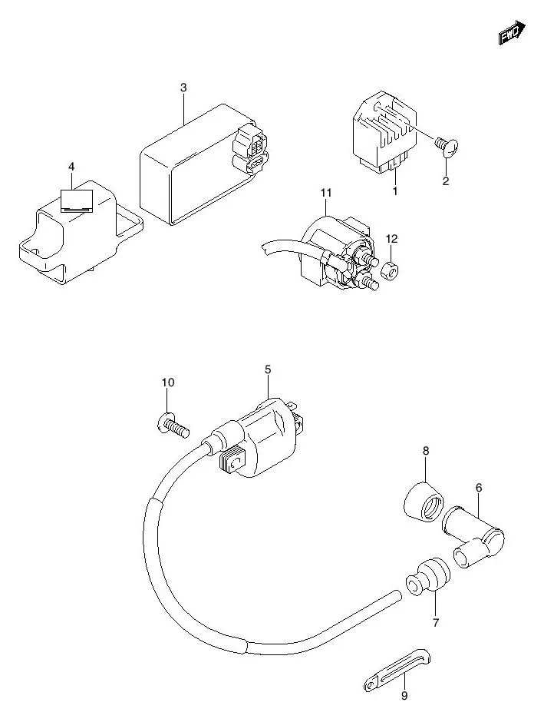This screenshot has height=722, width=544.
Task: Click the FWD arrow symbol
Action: tap(512, 32)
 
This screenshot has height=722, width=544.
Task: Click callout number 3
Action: tap(183, 88)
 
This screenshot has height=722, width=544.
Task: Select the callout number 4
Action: tap(71, 167)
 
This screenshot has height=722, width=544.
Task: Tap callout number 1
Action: tap(395, 190)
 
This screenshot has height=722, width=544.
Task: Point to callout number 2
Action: tap(446, 181)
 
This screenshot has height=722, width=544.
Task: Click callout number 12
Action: tap(392, 239)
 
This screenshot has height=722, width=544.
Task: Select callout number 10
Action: tap(168, 383)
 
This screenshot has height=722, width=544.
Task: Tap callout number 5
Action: tap(268, 369)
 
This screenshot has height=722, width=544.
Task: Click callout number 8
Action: tap(425, 451)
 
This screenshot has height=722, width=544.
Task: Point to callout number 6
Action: tap(479, 486)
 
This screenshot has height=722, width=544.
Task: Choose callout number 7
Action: tap(435, 622)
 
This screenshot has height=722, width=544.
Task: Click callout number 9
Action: tap(404, 696)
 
